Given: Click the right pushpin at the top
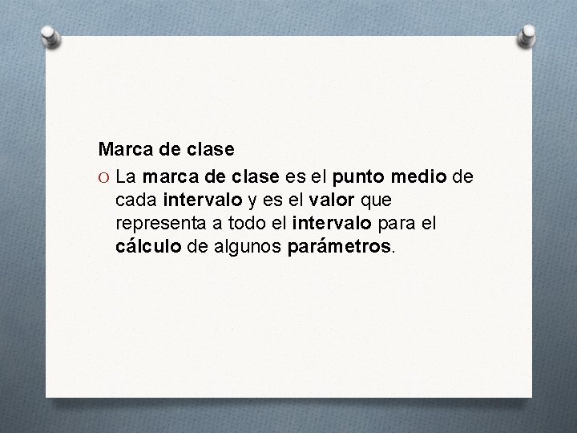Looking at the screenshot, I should [528, 34].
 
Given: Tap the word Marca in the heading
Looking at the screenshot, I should [122, 149].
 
